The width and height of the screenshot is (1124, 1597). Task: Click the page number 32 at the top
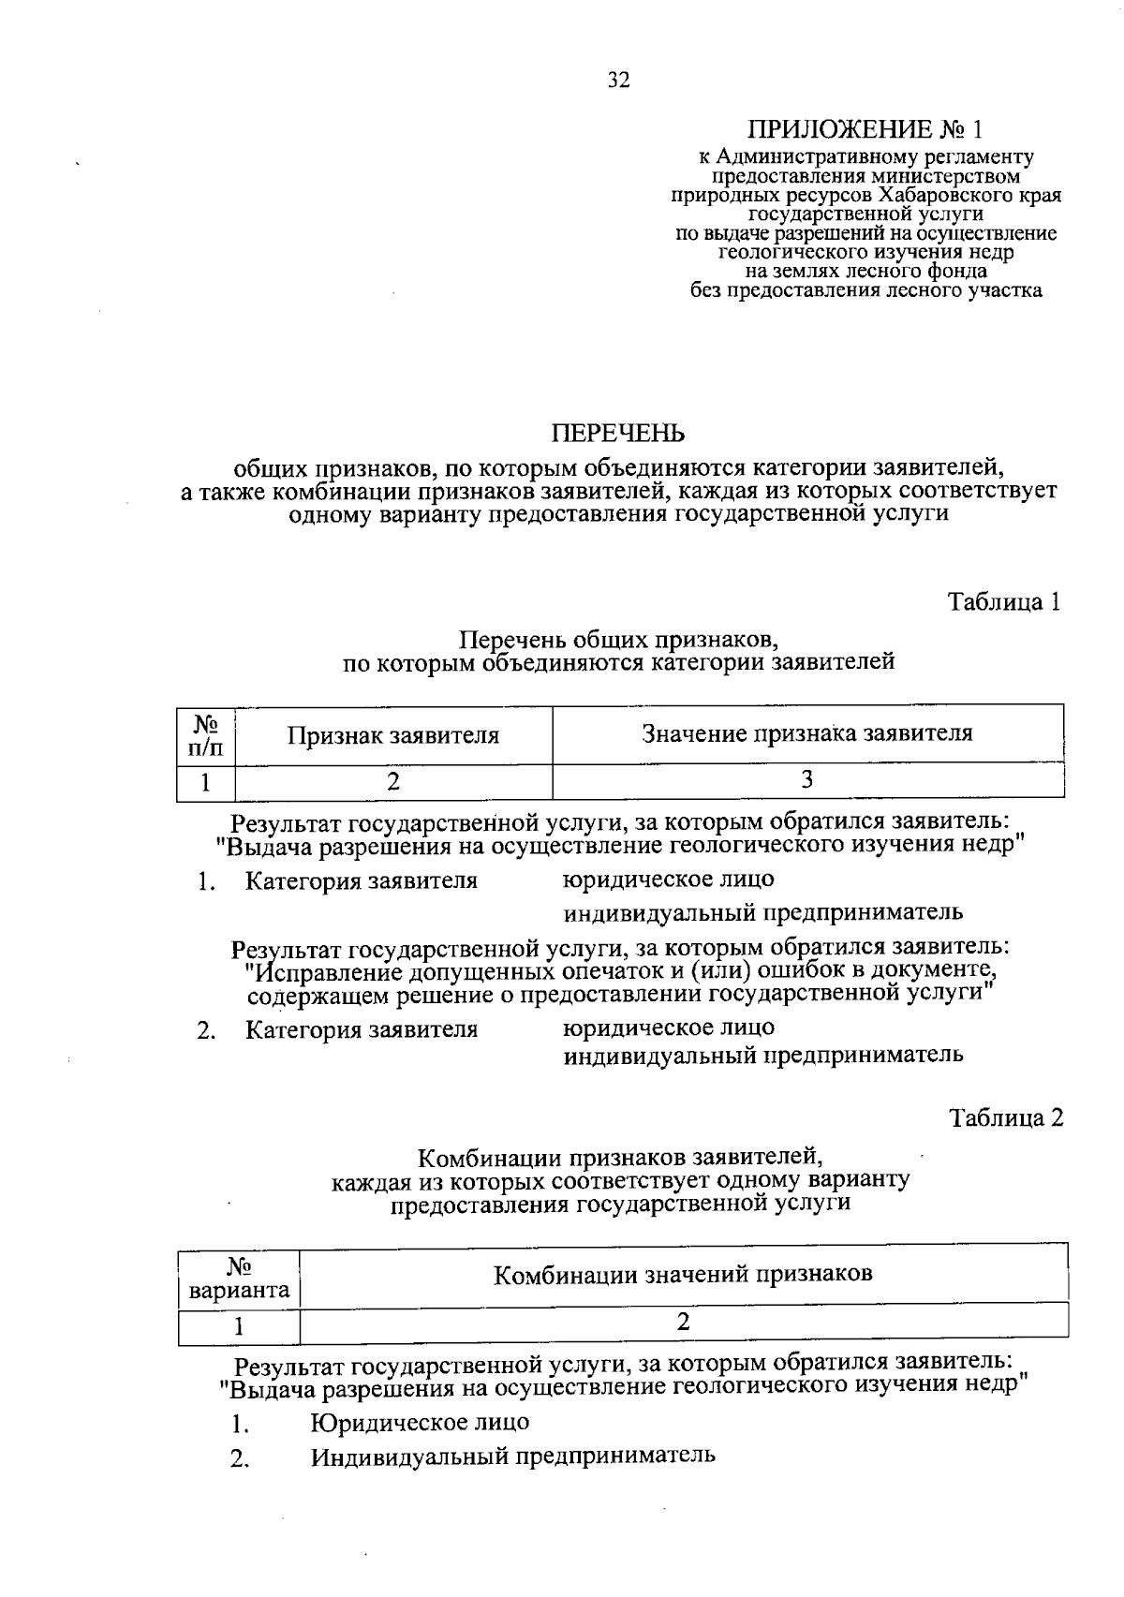point(618,81)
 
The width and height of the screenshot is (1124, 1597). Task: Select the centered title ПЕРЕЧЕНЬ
point(618,434)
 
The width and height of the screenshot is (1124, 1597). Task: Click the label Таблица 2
point(1006,1117)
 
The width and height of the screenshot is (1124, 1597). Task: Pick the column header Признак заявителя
point(392,735)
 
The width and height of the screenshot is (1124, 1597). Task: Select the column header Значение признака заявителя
point(806,733)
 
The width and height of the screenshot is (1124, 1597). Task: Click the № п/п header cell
point(206,735)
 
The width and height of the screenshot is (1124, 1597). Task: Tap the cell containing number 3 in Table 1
point(806,780)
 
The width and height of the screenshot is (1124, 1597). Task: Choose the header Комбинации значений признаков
point(683,1274)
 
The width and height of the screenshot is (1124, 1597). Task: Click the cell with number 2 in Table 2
point(683,1323)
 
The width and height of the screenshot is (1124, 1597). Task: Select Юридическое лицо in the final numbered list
point(420,1422)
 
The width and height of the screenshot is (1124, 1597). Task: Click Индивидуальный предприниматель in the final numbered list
point(513,1457)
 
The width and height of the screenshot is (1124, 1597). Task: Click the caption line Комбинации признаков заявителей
point(620,1157)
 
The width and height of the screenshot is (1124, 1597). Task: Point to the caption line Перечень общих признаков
point(618,641)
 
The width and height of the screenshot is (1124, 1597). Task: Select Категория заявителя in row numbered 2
point(362,1029)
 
